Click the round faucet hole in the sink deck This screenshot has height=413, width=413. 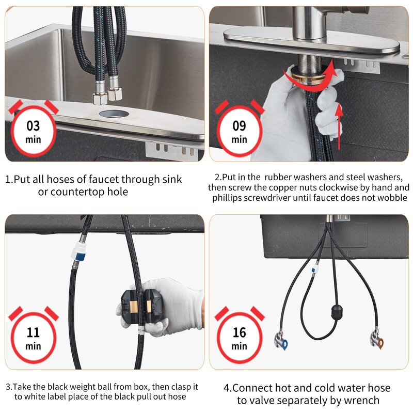(114, 114)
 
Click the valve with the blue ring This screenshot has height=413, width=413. (281, 341)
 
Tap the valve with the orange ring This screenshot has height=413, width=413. (377, 340)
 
